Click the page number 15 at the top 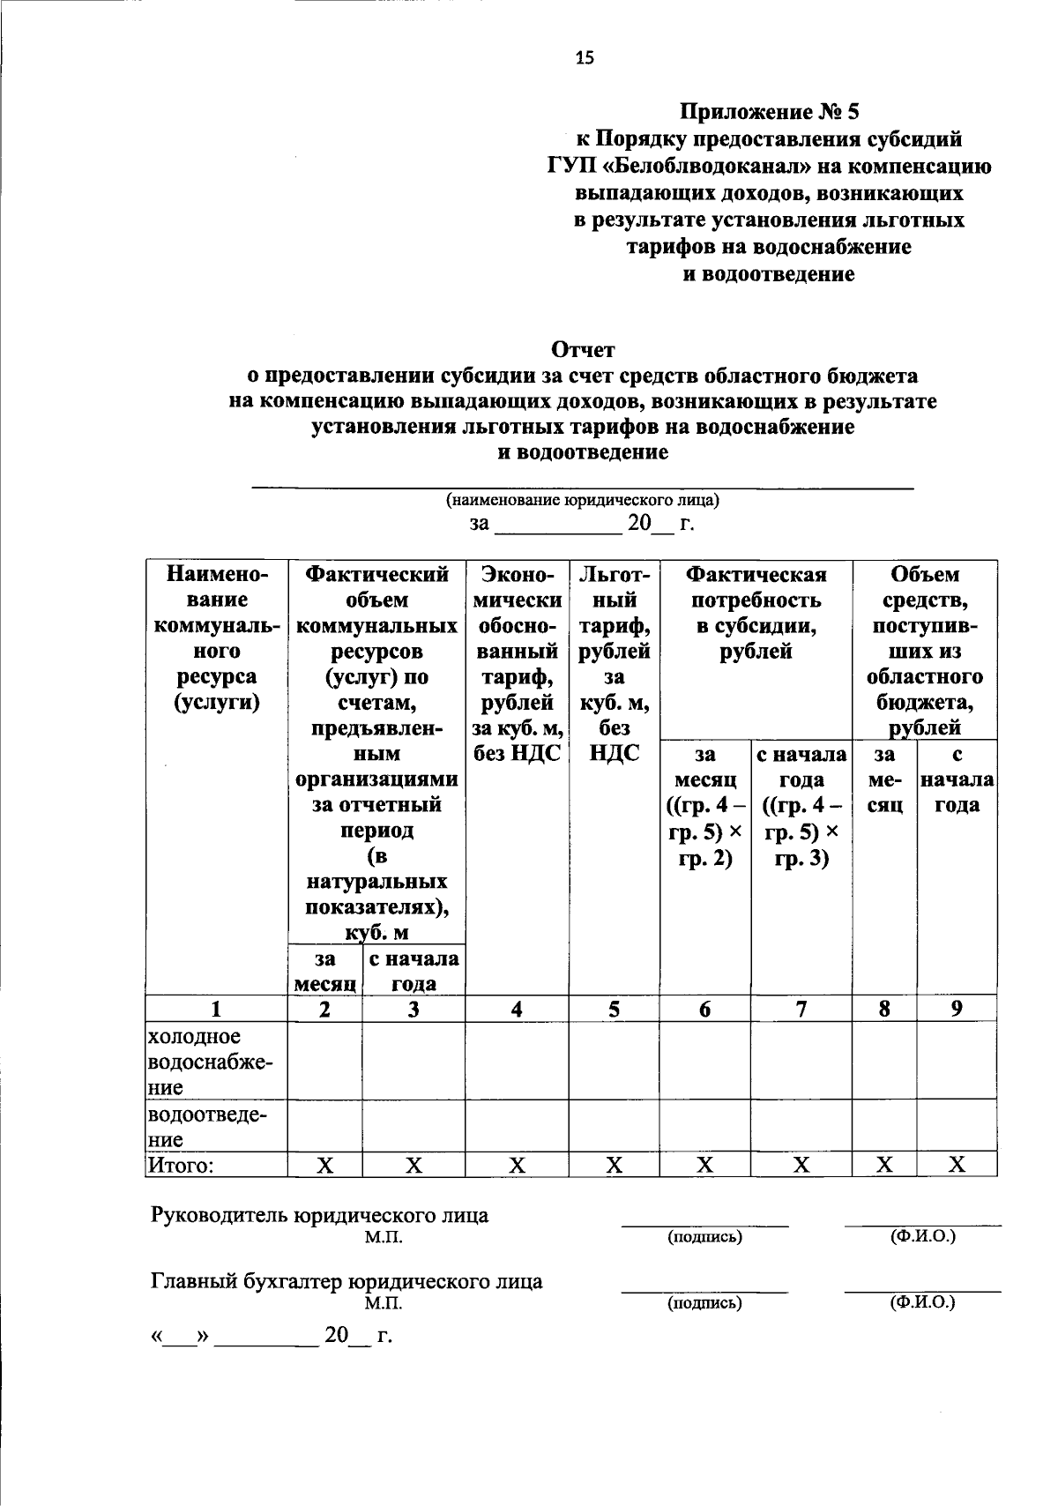pyautogui.click(x=585, y=58)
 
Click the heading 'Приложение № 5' pyautogui.click(x=768, y=112)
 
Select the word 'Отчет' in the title pyautogui.click(x=582, y=350)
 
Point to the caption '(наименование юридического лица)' pyautogui.click(x=583, y=501)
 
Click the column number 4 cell pyautogui.click(x=517, y=1010)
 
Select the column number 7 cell pyautogui.click(x=801, y=1010)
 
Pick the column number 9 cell pyautogui.click(x=957, y=1009)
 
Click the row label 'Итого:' pyautogui.click(x=181, y=1166)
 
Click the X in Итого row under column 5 pyautogui.click(x=614, y=1166)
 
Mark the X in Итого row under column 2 pyautogui.click(x=324, y=1166)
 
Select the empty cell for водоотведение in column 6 pyautogui.click(x=705, y=1126)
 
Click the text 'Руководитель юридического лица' pyautogui.click(x=320, y=1215)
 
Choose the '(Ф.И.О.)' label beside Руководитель pyautogui.click(x=922, y=1236)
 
